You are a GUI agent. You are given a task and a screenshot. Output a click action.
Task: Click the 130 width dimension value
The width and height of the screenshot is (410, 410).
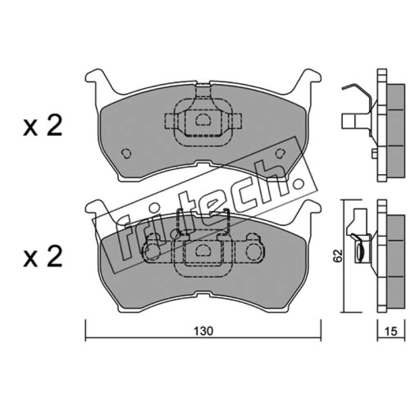203,331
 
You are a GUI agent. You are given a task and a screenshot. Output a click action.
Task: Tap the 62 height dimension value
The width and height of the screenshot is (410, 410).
338,255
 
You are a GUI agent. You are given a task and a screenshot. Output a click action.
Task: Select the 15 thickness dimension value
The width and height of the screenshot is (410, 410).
391,331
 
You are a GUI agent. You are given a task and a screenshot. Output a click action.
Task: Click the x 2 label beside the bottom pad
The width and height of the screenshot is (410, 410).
43,257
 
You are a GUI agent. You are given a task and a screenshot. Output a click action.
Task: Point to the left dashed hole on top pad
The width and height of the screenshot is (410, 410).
126,153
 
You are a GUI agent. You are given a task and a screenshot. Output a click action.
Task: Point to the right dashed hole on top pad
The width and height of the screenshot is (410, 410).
280,153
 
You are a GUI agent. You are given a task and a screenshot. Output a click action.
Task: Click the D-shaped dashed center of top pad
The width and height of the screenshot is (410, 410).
203,120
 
